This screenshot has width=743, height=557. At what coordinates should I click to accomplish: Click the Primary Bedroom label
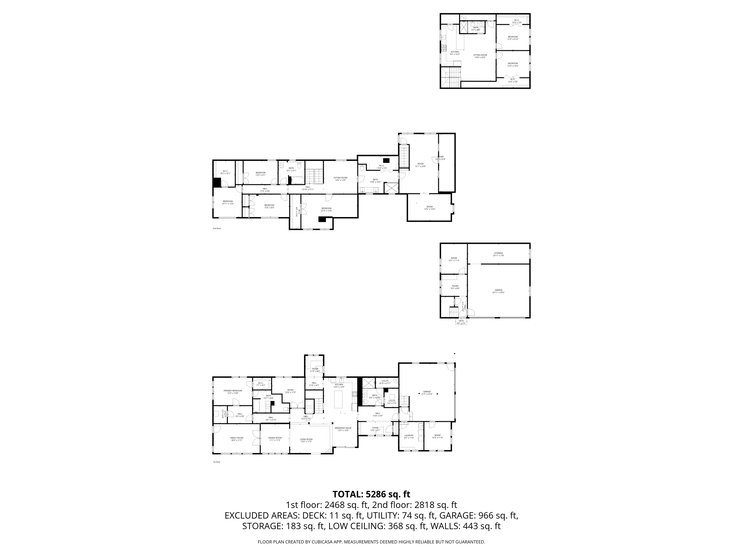tap(233, 391)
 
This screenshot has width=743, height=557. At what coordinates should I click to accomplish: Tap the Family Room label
tap(237, 439)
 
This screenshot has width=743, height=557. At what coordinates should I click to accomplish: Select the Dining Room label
tap(275, 439)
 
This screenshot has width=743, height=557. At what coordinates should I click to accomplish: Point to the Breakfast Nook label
tap(343, 429)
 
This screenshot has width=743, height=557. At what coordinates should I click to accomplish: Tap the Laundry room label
tap(409, 436)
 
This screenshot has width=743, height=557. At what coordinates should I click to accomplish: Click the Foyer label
tap(375, 429)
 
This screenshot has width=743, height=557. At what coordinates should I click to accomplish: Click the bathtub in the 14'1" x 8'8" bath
tap(257, 406)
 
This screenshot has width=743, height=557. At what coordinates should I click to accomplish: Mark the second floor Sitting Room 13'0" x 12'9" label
tap(340, 179)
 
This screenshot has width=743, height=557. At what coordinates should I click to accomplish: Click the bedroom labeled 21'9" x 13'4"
tap(326, 209)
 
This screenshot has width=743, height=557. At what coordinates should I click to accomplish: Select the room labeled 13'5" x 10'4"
tap(429, 208)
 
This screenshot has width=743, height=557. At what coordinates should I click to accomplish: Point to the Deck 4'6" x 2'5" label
tap(461, 322)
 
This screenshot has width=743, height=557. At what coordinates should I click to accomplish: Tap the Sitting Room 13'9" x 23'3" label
tap(480, 56)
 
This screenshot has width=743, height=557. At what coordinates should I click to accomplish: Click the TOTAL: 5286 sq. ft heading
tap(371, 494)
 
